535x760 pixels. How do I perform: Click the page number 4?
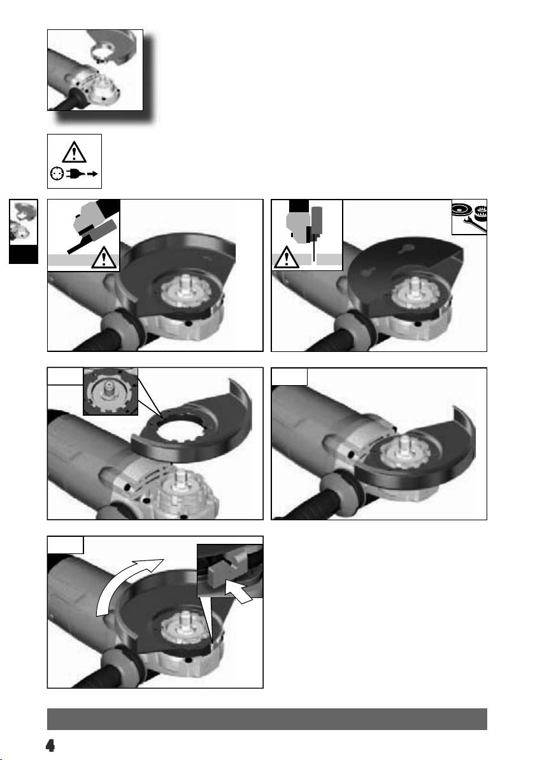[50, 745]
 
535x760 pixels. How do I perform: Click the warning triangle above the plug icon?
[74, 152]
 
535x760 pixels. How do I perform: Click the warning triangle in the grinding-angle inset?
[104, 258]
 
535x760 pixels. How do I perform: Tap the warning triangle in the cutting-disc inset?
[286, 258]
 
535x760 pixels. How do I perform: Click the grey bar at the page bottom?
[267, 719]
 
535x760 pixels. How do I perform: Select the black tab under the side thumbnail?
[23, 254]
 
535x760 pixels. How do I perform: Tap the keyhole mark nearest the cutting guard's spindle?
[370, 272]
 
